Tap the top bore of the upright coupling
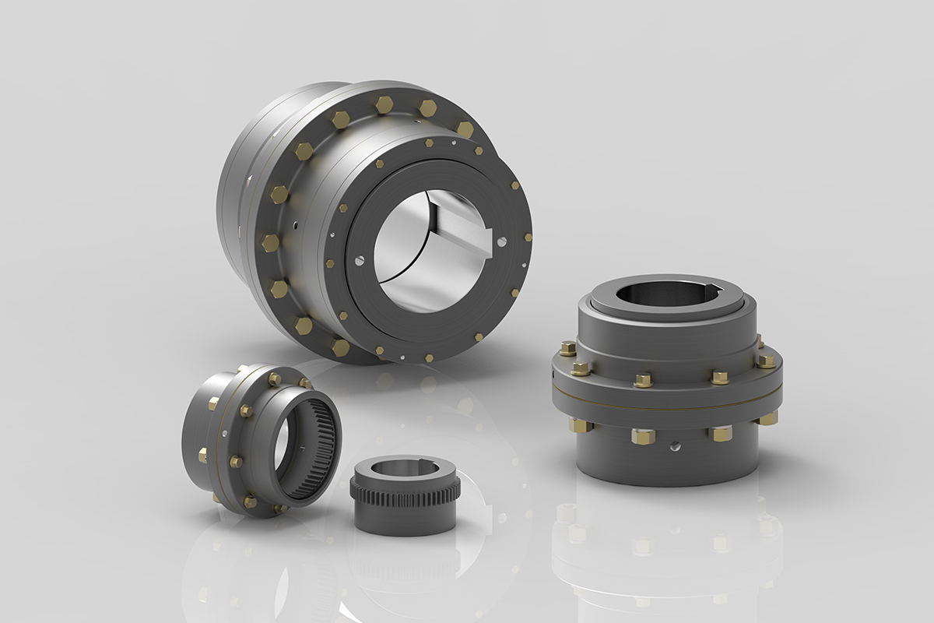[x=666, y=293]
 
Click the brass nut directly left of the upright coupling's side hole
[x=643, y=435]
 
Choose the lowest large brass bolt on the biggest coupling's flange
[x=340, y=347]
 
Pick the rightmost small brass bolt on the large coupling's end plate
[x=528, y=238]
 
